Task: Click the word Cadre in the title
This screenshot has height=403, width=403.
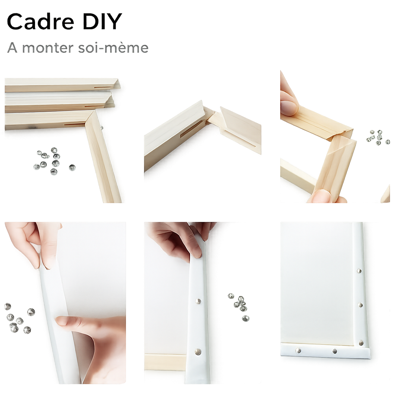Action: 41,22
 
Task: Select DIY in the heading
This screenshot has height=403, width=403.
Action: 102,22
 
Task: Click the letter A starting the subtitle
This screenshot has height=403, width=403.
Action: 12,48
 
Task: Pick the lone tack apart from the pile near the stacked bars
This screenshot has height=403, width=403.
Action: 72,168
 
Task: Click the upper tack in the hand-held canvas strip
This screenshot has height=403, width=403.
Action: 198,301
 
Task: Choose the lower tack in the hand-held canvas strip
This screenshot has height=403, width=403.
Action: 198,351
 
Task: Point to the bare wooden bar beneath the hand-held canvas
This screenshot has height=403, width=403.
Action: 165,362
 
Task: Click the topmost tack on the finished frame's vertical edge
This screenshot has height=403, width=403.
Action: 359,271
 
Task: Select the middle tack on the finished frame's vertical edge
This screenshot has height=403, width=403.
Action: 360,305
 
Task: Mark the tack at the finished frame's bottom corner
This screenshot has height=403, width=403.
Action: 361,343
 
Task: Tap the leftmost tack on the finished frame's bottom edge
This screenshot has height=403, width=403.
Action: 298,350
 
